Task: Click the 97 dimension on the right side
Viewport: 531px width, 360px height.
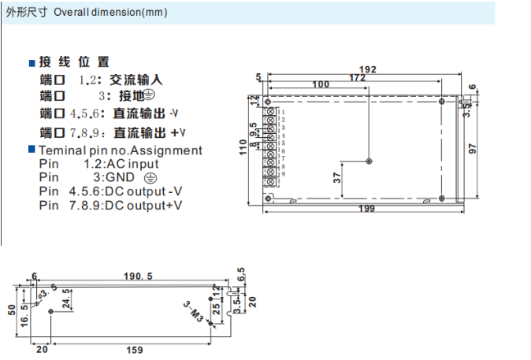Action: click(x=473, y=148)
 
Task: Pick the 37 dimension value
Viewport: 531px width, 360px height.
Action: click(x=336, y=178)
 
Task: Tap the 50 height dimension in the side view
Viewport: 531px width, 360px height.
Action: click(x=12, y=309)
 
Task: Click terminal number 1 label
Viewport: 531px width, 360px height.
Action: click(x=282, y=113)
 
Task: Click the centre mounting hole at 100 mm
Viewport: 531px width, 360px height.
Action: click(x=369, y=161)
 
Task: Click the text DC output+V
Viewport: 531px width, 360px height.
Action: click(x=147, y=205)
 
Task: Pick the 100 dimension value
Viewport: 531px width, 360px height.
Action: click(x=320, y=84)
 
